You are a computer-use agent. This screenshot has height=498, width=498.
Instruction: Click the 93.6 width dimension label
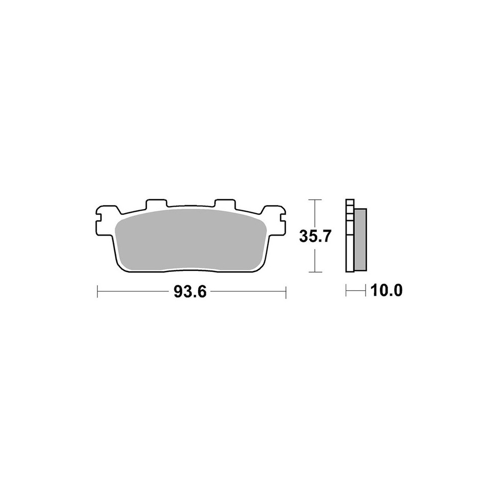click(190, 291)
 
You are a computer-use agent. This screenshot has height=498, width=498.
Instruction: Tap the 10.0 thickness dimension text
click(386, 290)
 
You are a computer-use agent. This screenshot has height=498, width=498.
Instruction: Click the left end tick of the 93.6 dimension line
click(98, 291)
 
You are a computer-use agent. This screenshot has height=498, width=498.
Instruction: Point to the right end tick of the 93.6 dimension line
click(286, 292)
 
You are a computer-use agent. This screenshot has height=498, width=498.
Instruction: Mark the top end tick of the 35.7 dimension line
click(315, 200)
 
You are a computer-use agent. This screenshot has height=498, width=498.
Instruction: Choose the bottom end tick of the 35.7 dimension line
click(315, 272)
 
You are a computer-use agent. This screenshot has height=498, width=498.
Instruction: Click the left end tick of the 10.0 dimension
click(346, 290)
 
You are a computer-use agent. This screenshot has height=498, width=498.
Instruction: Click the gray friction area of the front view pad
click(190, 242)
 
